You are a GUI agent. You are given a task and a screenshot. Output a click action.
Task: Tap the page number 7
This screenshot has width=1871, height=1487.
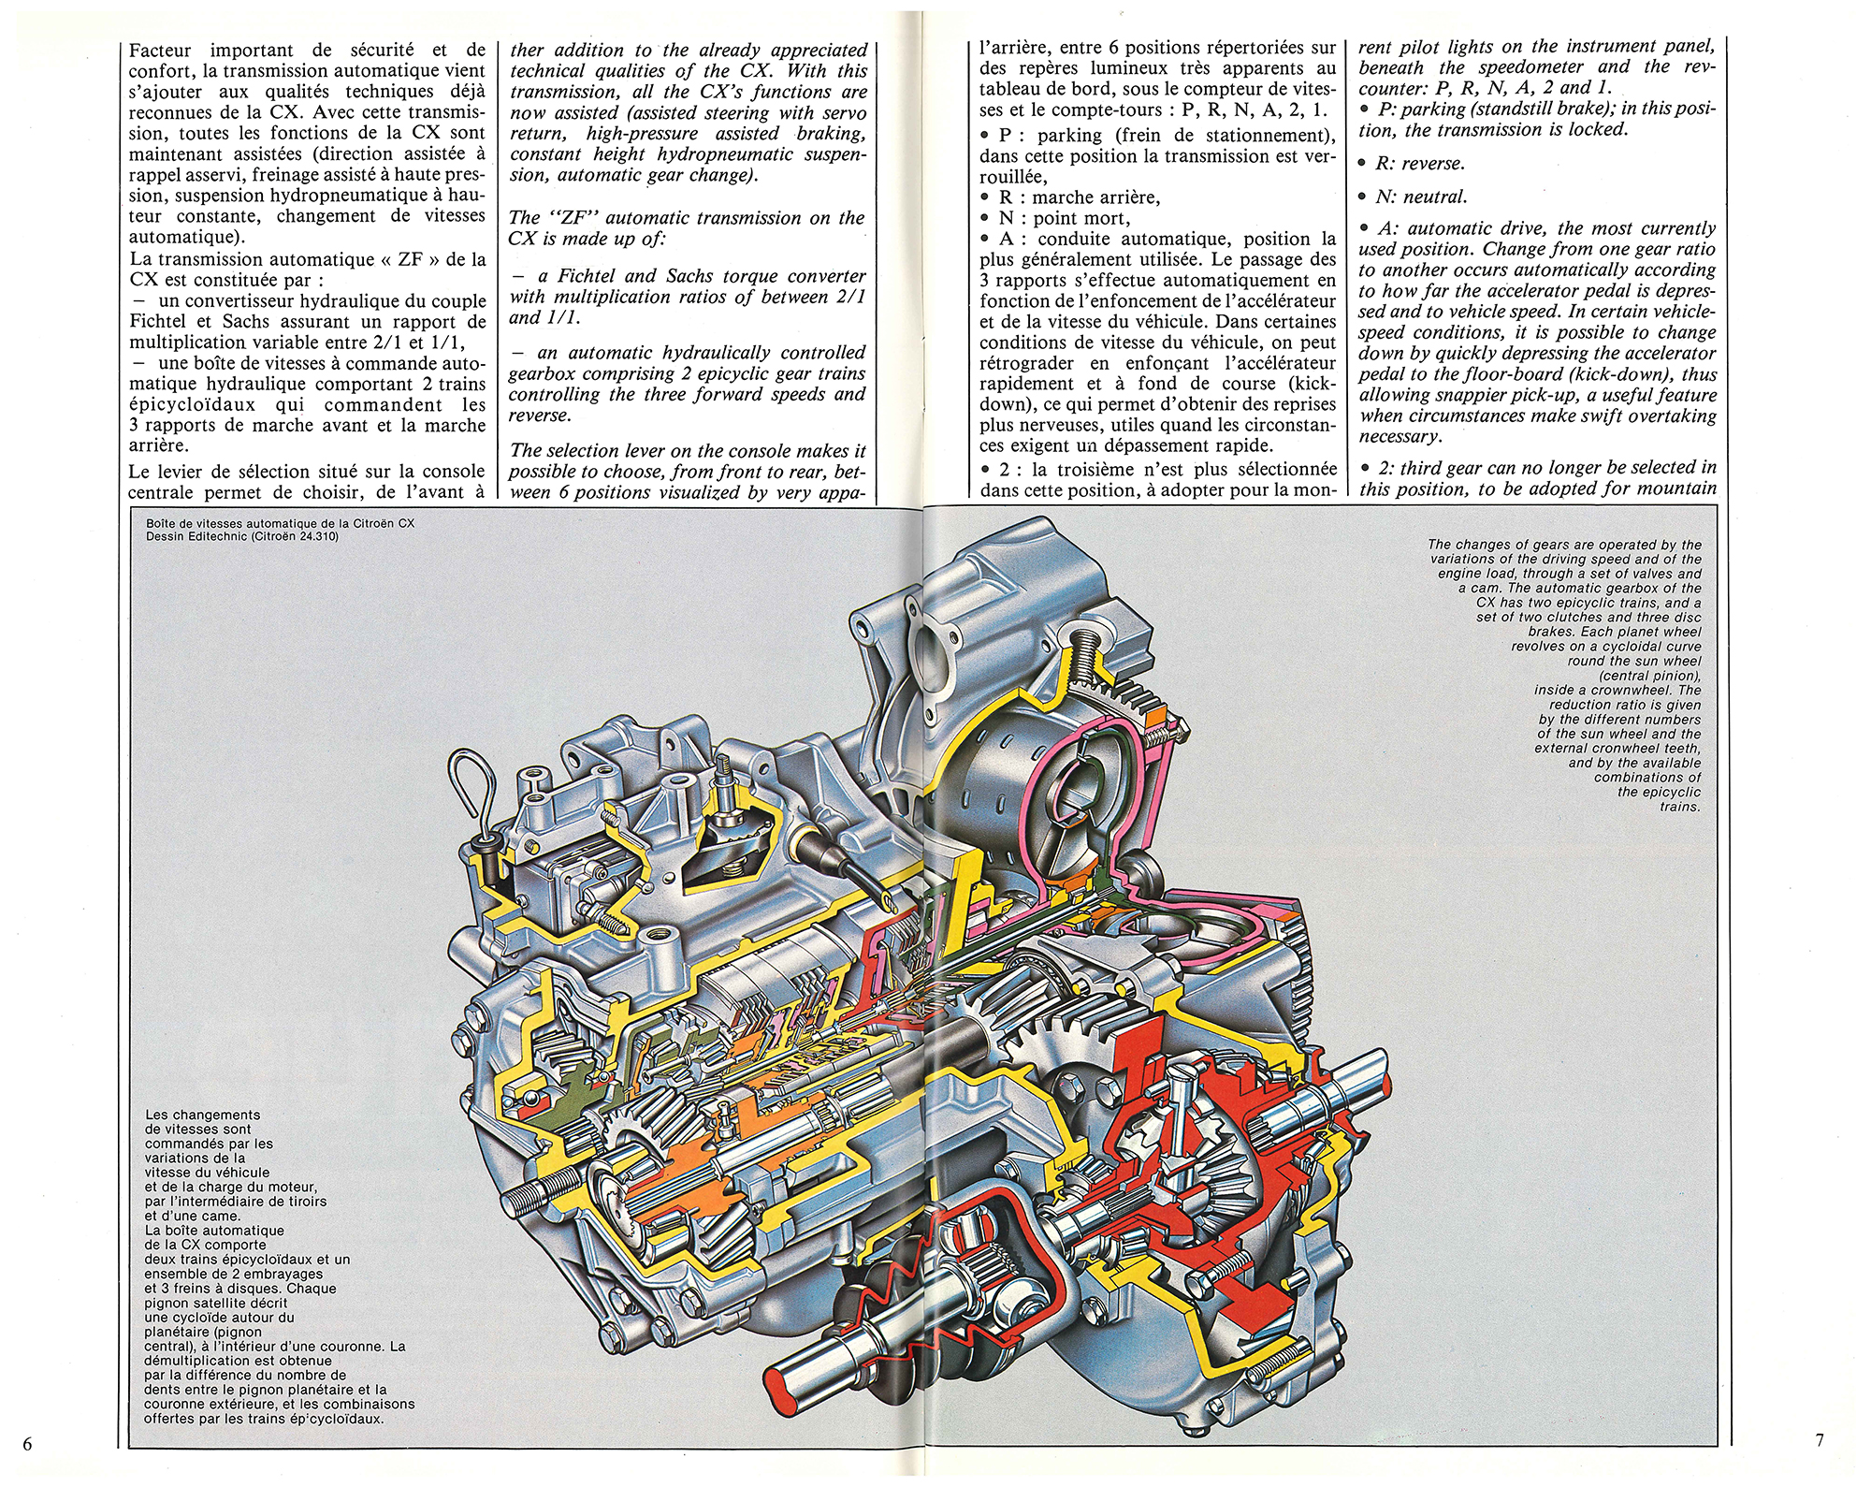pyautogui.click(x=1819, y=1440)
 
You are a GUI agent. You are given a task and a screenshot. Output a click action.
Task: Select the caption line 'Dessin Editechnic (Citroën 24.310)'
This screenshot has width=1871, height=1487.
pyautogui.click(x=242, y=537)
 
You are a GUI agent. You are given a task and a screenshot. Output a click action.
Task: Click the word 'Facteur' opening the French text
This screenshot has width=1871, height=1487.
pyautogui.click(x=163, y=50)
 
